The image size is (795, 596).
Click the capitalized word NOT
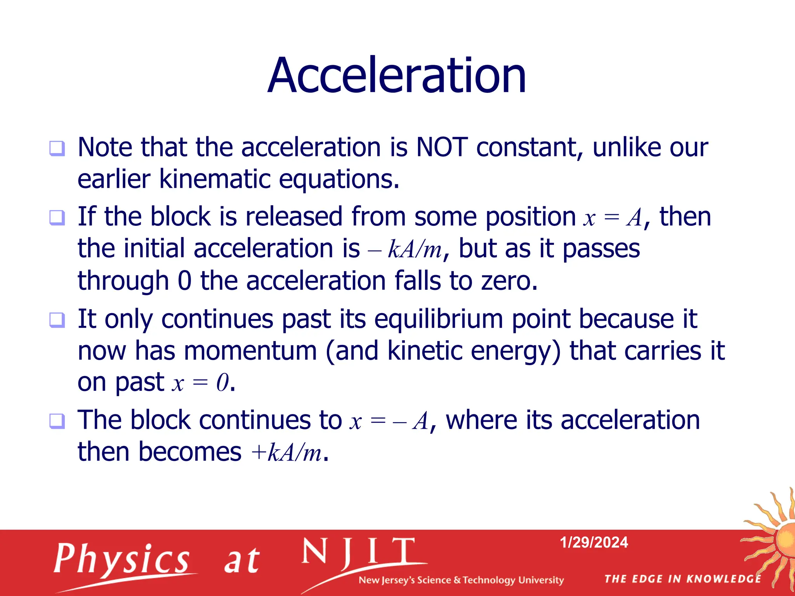(x=442, y=147)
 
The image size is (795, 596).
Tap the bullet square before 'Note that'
(x=57, y=148)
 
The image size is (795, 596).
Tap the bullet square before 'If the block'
(x=57, y=217)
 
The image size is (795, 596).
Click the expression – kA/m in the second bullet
(x=405, y=249)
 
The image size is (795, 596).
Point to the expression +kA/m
(x=286, y=452)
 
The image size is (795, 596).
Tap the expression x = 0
(x=200, y=383)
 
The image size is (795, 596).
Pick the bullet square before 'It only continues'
(x=57, y=320)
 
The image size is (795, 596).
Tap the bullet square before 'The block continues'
(x=57, y=421)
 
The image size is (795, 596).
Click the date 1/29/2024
(x=594, y=542)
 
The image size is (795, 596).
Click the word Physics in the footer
(x=122, y=559)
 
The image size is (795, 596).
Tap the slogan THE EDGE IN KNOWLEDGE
(x=682, y=579)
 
